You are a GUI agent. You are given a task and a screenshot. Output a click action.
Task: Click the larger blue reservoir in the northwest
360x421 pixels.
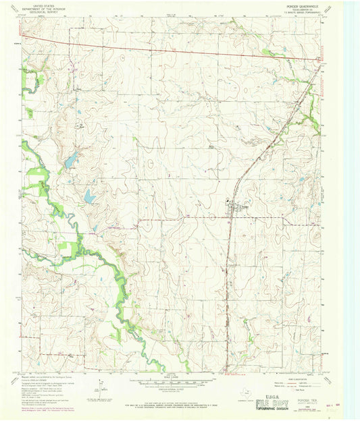(70, 161)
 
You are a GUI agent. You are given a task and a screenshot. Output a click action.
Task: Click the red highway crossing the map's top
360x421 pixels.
(169, 49)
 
